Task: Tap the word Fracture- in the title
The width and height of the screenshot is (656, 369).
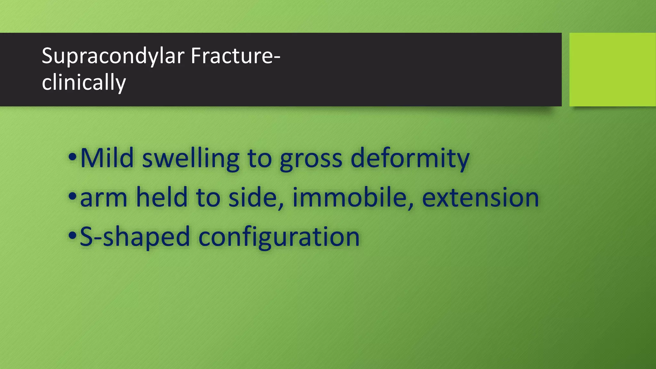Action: pyautogui.click(x=235, y=56)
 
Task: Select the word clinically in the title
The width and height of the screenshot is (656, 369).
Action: pyautogui.click(x=84, y=83)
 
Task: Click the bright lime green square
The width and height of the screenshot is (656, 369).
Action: pyautogui.click(x=612, y=69)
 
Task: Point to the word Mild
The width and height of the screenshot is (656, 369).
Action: pyautogui.click(x=107, y=158)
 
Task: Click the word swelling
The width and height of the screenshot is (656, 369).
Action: pyautogui.click(x=191, y=159)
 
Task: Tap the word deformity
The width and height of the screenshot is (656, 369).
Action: pyautogui.click(x=410, y=159)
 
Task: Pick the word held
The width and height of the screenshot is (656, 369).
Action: pyautogui.click(x=162, y=197)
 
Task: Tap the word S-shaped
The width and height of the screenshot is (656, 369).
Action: pyautogui.click(x=135, y=237)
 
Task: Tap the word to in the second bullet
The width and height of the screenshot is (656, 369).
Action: pyautogui.click(x=208, y=198)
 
